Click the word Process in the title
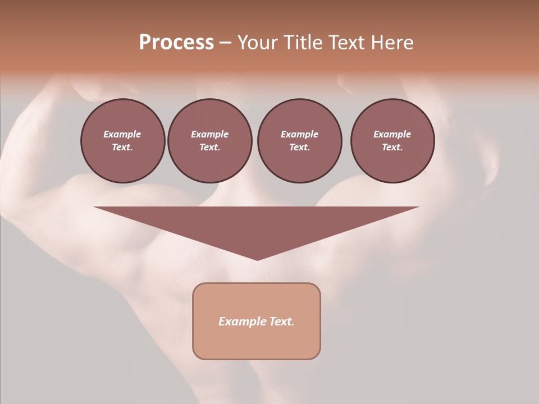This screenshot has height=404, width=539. (x=176, y=43)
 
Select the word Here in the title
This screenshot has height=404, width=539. (x=392, y=43)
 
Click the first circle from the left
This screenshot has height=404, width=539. (x=122, y=141)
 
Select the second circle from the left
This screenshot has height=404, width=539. (x=209, y=141)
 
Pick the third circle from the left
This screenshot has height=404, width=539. (x=299, y=141)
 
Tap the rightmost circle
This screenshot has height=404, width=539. (x=392, y=141)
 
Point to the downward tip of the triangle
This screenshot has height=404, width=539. (x=257, y=259)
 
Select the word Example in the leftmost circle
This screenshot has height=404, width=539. (x=122, y=134)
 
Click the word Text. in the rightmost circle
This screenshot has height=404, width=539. (x=392, y=147)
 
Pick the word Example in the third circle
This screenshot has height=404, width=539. (x=299, y=134)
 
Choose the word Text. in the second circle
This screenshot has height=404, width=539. (x=209, y=147)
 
